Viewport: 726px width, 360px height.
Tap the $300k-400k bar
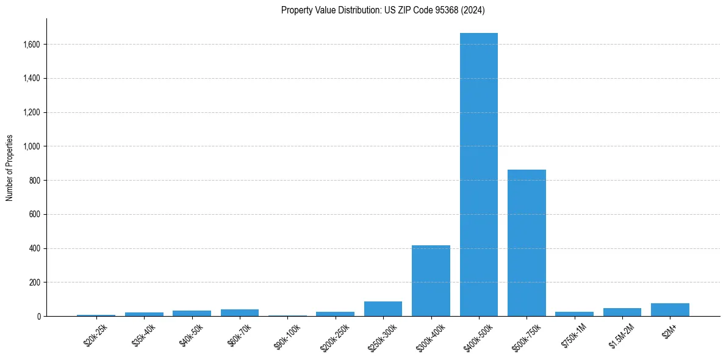(431, 281)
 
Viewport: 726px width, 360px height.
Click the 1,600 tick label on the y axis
(32, 45)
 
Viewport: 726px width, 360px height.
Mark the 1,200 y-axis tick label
(32, 112)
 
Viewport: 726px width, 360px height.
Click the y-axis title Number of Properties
(10, 167)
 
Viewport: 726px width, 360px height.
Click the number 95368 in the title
(448, 10)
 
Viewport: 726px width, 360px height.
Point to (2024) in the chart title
(473, 10)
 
